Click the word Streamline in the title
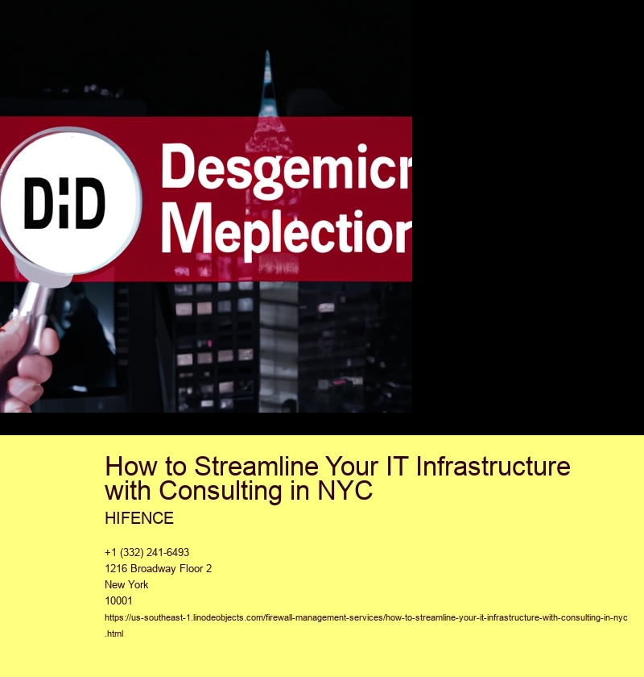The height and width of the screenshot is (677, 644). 257,467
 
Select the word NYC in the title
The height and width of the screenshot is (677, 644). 345,491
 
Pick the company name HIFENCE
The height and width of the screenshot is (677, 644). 139,518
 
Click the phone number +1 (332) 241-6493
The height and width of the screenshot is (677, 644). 147,552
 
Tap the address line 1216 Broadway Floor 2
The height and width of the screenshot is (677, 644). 159,569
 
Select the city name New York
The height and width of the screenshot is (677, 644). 126,584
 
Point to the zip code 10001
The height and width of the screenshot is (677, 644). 118,600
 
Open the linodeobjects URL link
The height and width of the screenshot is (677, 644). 365,618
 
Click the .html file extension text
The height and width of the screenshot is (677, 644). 114,633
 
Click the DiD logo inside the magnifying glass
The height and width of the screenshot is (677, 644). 64,203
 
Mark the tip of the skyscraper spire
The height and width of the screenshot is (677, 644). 267,51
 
